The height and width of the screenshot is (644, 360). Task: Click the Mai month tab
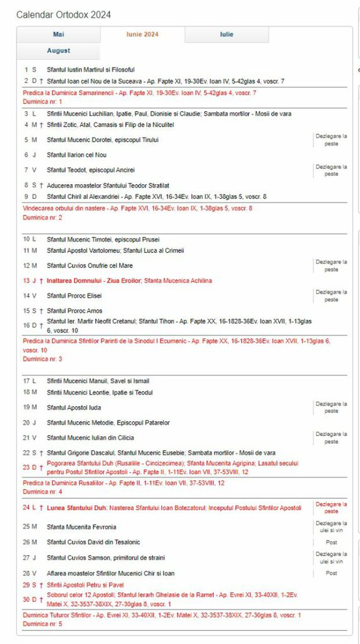58,34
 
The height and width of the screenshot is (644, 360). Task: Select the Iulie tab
226,34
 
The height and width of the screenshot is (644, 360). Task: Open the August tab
58,51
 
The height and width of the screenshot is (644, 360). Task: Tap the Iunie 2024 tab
142,34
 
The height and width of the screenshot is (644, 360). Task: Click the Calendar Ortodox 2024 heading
64,15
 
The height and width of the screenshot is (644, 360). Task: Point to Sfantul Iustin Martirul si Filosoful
91,70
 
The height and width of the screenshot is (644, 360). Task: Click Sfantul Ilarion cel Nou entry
76,155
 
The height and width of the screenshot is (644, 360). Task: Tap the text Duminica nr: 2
42,217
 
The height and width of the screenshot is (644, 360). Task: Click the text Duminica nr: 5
42,624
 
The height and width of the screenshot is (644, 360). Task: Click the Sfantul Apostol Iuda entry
74,408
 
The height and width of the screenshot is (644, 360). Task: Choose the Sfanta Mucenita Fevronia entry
81,527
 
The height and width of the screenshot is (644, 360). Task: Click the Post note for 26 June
331,543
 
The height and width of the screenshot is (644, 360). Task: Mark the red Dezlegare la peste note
331,508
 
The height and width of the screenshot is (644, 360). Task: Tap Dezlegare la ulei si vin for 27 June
331,558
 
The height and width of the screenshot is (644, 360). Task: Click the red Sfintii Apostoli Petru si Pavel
85,585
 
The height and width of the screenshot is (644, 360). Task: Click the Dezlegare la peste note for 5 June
331,140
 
